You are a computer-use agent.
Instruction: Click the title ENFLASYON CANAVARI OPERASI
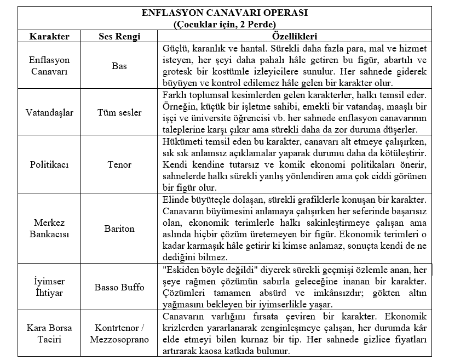tap(225, 13)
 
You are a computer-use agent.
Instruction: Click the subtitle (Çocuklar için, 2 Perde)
tap(225, 25)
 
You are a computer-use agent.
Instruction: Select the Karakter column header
tap(49, 37)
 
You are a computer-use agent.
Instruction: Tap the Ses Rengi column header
tap(119, 37)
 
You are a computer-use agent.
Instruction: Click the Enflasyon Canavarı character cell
tap(49, 65)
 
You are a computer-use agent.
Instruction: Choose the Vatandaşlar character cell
tap(49, 112)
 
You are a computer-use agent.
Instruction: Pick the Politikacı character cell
tap(49, 164)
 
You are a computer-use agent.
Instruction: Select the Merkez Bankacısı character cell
tap(49, 228)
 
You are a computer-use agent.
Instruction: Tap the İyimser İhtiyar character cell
tap(49, 287)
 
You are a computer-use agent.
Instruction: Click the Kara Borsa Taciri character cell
tap(49, 334)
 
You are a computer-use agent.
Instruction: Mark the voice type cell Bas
tap(119, 66)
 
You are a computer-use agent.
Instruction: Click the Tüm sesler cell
tap(119, 112)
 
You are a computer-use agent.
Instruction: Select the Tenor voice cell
tap(119, 164)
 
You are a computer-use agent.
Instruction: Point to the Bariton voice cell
tap(119, 228)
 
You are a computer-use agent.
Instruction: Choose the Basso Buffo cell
tap(119, 287)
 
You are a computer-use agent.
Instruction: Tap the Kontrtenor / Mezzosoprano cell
tap(119, 334)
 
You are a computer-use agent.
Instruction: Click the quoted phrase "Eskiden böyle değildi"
tap(208, 270)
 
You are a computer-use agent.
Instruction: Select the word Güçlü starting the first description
tap(175, 48)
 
